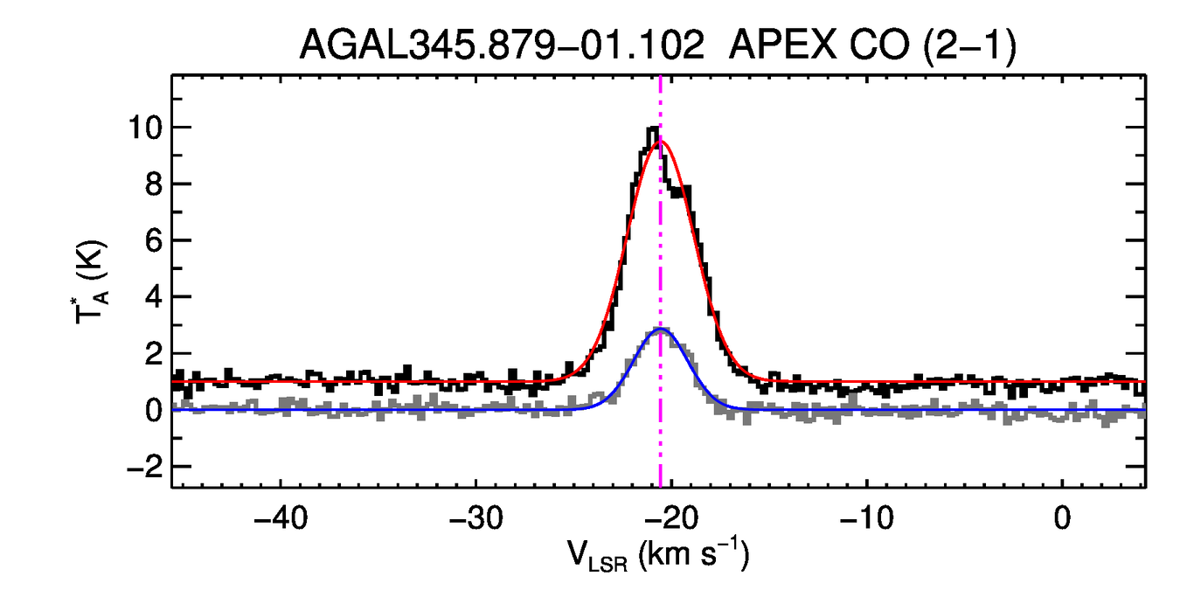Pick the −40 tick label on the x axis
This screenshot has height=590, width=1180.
(280, 517)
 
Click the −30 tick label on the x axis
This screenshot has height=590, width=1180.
(475, 517)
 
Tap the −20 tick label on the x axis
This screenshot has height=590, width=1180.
(671, 517)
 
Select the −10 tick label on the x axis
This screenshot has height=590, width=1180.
(866, 517)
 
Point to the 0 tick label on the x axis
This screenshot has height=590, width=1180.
(1062, 517)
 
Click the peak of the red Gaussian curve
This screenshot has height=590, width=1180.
(661, 141)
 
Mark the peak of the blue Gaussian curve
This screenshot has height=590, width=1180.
(661, 329)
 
